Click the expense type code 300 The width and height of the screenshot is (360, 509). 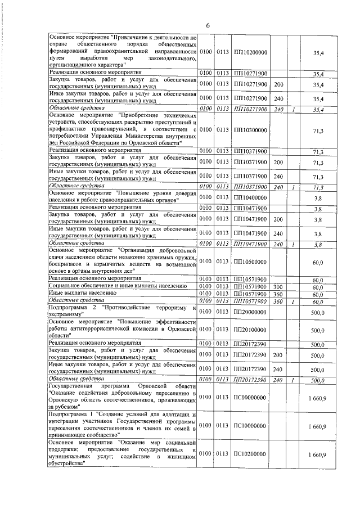pyautogui.click(x=277, y=287)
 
